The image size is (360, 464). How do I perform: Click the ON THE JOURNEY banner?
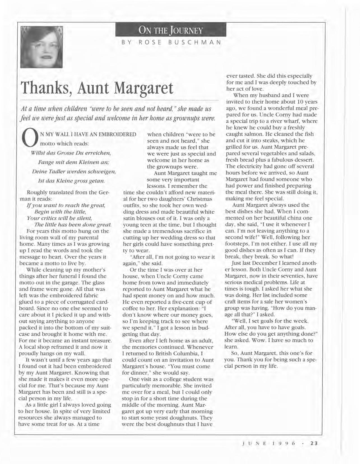171,30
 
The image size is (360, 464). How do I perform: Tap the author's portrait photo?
41,47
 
